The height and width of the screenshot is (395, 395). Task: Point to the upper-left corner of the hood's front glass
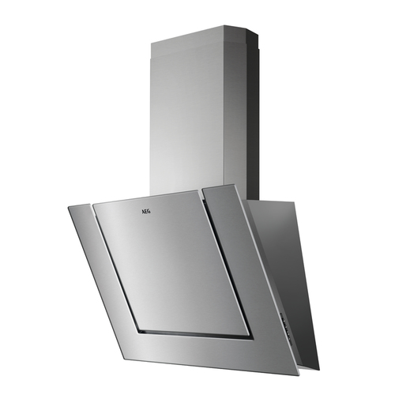point(68,207)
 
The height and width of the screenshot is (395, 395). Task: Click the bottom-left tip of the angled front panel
point(125,359)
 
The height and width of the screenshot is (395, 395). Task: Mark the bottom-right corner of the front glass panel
point(299,374)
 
